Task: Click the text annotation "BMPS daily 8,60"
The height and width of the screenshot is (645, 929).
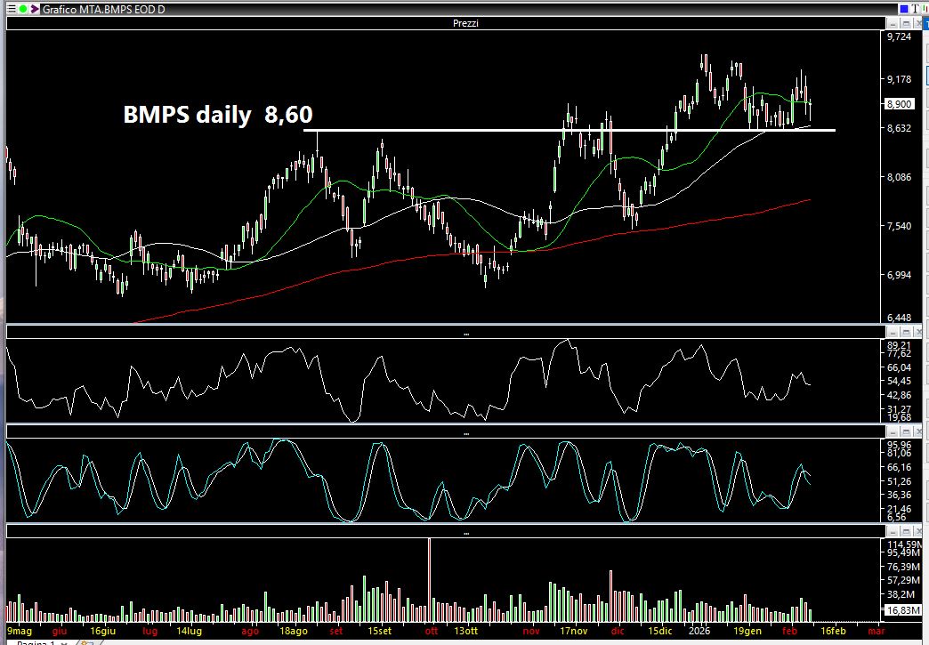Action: pyautogui.click(x=217, y=115)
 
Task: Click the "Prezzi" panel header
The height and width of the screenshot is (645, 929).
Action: pyautogui.click(x=464, y=23)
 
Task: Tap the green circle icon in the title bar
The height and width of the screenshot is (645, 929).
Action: pyautogui.click(x=23, y=9)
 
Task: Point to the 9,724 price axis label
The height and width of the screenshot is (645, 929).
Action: pyautogui.click(x=899, y=36)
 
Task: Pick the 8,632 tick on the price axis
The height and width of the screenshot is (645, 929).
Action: pyautogui.click(x=899, y=128)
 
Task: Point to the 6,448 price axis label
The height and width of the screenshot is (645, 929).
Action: pyautogui.click(x=899, y=317)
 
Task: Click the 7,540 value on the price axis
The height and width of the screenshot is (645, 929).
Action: pyautogui.click(x=899, y=226)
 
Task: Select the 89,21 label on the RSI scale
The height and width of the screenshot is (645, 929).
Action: pyautogui.click(x=899, y=345)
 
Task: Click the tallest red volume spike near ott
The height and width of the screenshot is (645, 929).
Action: pyautogui.click(x=430, y=578)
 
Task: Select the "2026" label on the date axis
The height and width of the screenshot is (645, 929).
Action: pyautogui.click(x=699, y=630)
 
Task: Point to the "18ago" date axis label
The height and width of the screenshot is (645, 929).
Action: pyautogui.click(x=294, y=630)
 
